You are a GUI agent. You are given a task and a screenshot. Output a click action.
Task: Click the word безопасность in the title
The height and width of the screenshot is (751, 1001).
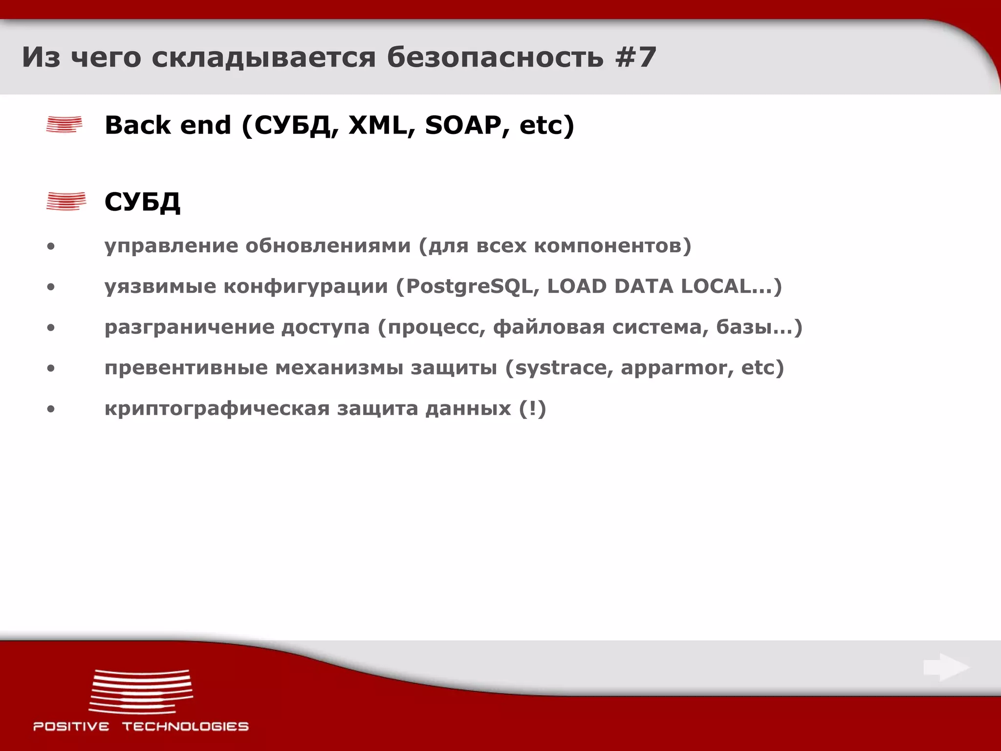495,57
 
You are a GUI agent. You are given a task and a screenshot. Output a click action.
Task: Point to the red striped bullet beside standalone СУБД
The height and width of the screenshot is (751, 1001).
66,201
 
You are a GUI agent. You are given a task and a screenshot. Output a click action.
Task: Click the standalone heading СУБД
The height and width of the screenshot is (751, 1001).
142,201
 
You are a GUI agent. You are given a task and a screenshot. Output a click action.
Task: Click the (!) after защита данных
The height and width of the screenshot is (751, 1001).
532,408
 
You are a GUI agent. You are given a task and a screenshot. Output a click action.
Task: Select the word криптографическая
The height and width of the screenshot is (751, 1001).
217,409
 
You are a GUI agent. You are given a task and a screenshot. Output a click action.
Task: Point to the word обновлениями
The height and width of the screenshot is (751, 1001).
328,246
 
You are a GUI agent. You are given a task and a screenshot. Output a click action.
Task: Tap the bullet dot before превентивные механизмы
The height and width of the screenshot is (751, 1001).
51,368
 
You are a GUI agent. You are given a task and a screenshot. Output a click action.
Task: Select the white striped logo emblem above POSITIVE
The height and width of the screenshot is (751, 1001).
141,691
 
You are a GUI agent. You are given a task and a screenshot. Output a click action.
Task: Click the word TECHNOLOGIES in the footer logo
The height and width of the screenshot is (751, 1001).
185,727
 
